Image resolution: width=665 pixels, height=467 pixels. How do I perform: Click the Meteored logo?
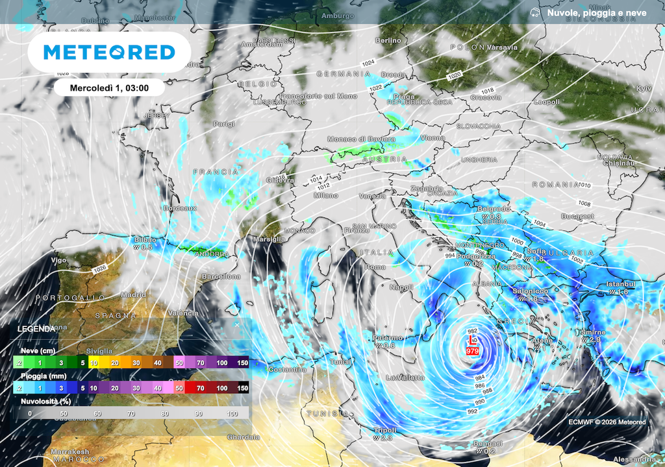pyautogui.click(x=109, y=52)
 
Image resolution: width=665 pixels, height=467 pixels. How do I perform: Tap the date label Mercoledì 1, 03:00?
pyautogui.click(x=108, y=88)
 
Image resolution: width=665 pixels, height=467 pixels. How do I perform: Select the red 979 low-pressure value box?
pyautogui.click(x=472, y=351)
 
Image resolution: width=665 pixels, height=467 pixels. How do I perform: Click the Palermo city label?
pyautogui.click(x=388, y=338)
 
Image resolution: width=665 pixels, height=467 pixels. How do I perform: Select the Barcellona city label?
pyautogui.click(x=221, y=276)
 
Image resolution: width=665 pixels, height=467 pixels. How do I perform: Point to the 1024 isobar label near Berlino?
pyautogui.click(x=368, y=62)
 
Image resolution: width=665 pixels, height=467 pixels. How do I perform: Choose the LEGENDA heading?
pyautogui.click(x=36, y=329)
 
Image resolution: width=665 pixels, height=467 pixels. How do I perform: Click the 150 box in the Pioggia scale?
pyautogui.click(x=242, y=388)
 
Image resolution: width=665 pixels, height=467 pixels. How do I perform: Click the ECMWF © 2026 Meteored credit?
pyautogui.click(x=607, y=422)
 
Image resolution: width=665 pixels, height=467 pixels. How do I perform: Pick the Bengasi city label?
pyautogui.click(x=488, y=444)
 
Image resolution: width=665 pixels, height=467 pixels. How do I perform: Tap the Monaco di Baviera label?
pyautogui.click(x=360, y=139)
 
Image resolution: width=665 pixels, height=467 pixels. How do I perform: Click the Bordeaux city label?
pyautogui.click(x=179, y=208)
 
